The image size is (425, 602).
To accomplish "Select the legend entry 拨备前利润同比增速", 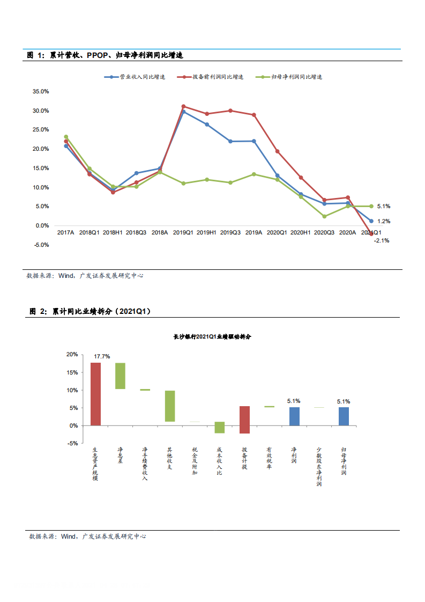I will tap(218, 77).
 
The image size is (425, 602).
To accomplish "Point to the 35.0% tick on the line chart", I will tap(41, 92).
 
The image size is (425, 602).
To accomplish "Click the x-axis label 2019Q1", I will tap(183, 233).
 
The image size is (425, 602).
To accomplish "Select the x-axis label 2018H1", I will tap(113, 233).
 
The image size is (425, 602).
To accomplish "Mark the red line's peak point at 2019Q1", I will tap(183, 106).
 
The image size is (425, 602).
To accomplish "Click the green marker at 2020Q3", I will tap(324, 216).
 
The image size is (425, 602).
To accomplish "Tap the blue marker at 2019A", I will tap(253, 141).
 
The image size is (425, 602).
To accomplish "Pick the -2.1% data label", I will tap(382, 241).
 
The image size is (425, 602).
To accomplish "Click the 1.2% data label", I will tap(384, 221).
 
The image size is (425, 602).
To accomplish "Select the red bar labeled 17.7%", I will tap(95, 394).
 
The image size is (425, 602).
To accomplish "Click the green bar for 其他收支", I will tap(170, 406).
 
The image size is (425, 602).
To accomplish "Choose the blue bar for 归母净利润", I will tap(344, 416).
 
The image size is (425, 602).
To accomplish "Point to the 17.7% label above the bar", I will tap(102, 356).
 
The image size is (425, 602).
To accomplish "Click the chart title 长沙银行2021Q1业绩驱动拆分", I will tap(212, 337).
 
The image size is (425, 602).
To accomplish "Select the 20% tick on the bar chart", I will tap(72, 355).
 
